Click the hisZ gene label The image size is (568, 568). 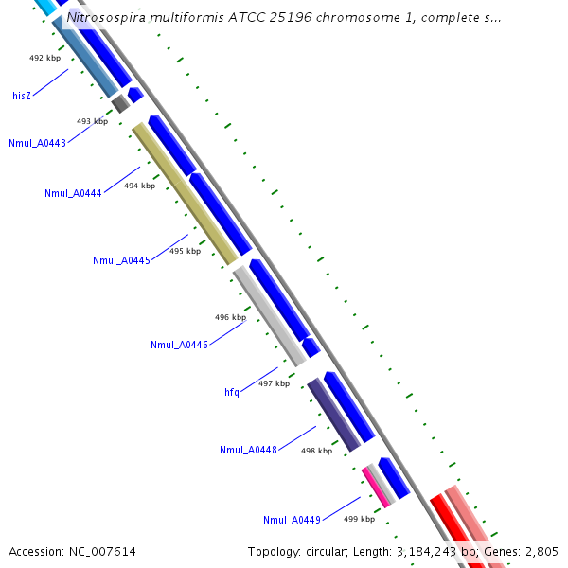tap(22, 96)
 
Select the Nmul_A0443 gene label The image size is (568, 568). tap(37, 144)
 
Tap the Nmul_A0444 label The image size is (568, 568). tap(73, 194)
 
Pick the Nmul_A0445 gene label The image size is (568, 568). tap(121, 260)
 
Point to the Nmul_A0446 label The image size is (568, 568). tap(179, 345)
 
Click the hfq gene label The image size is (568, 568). tap(232, 392)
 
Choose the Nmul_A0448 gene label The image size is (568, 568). tap(248, 450)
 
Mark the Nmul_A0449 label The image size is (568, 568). tap(292, 520)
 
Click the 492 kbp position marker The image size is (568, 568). tap(44, 58)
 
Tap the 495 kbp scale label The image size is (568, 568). tap(185, 251)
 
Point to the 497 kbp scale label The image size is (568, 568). tap(274, 383)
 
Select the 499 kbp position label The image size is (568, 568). tap(359, 519)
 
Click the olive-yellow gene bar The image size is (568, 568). tap(185, 193)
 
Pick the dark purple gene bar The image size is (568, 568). tap(333, 415)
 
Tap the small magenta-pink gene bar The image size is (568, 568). tap(375, 487)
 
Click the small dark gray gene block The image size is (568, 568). tap(119, 103)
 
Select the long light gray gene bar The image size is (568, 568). tap(269, 315)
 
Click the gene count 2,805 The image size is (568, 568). tap(541, 551)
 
